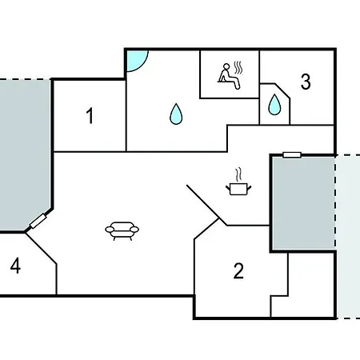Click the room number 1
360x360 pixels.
click(90, 116)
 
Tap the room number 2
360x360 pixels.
click(238, 271)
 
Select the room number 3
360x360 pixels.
click(306, 82)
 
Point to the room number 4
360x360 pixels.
click(15, 266)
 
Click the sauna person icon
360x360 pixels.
click(229, 76)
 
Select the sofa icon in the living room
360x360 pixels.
click(122, 231)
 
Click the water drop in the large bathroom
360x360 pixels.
click(176, 114)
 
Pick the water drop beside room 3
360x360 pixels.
click(274, 105)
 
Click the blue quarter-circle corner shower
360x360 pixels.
click(136, 60)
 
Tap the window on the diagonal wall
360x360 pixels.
click(38, 221)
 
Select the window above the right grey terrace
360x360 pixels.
click(292, 155)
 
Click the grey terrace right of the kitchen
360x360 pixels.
click(303, 203)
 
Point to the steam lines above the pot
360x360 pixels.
click(238, 174)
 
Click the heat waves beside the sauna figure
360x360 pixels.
click(238, 68)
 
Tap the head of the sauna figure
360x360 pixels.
click(226, 66)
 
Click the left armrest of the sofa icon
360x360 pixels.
click(110, 229)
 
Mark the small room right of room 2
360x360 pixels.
click(302, 285)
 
